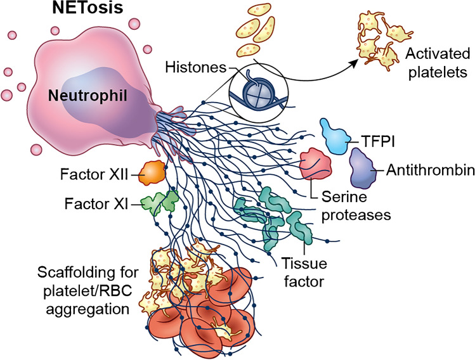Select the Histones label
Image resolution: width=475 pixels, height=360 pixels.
[188, 66]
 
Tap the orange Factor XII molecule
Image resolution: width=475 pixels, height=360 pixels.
[152, 172]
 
